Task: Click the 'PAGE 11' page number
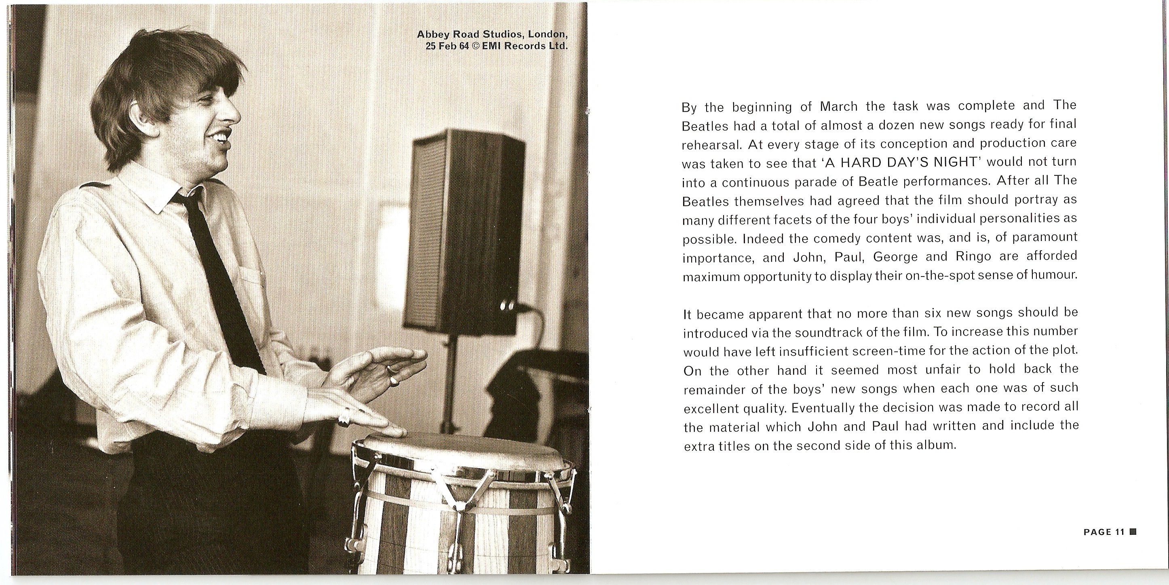coord(1104,532)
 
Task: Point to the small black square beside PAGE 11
coord(1133,532)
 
